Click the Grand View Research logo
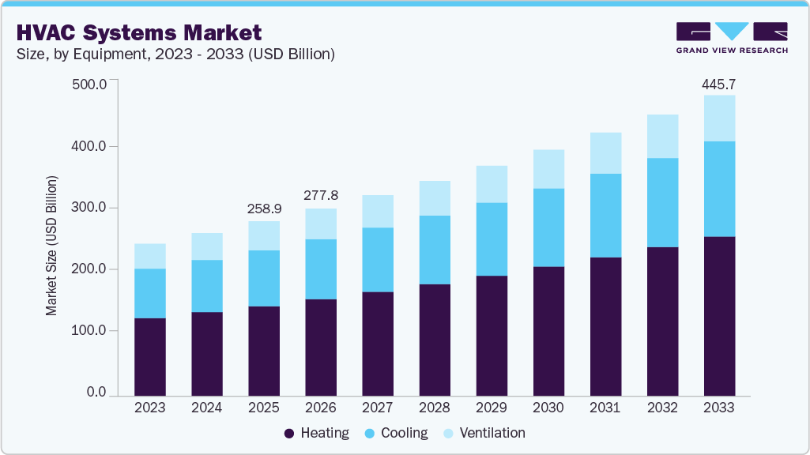[732, 38]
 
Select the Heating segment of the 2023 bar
[150, 356]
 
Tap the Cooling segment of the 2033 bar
[719, 189]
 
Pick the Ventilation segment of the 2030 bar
[548, 169]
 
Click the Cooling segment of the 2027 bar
[378, 259]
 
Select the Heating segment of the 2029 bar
[492, 336]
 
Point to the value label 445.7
[719, 84]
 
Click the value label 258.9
[264, 209]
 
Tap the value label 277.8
[321, 195]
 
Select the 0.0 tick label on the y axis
[96, 393]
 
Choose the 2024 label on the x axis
[207, 408]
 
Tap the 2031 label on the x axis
[605, 408]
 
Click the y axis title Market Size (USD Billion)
[52, 246]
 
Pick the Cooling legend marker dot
[368, 434]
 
